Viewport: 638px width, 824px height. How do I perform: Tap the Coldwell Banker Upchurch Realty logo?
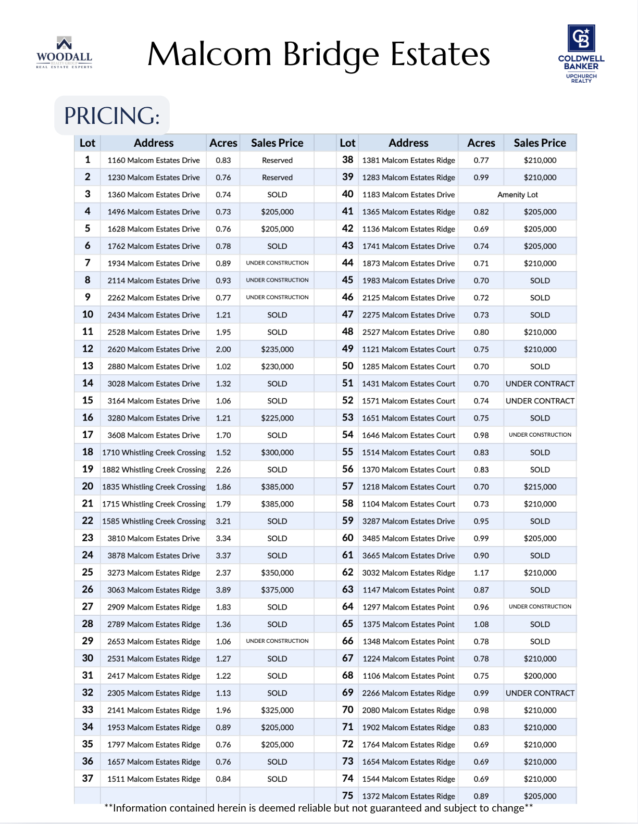pos(581,54)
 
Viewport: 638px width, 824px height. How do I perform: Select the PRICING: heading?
pos(112,116)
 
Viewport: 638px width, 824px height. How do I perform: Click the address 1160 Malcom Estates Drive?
pos(154,160)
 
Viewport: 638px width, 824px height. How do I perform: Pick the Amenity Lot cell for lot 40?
pos(517,195)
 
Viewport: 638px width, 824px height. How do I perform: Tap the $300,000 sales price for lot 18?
pos(277,452)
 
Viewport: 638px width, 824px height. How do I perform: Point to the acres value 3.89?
pos(223,590)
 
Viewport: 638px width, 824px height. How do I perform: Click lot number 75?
pos(347,796)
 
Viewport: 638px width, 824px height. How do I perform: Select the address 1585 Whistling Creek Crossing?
pos(154,521)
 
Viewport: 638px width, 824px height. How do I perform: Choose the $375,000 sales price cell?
pos(277,590)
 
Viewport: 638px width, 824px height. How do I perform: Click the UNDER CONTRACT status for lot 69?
pos(540,693)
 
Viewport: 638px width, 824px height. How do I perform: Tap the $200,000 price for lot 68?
pos(540,676)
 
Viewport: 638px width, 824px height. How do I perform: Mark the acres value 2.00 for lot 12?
pos(223,349)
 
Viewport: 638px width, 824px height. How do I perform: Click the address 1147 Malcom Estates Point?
pos(408,590)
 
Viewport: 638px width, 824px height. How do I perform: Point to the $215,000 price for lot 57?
pos(540,487)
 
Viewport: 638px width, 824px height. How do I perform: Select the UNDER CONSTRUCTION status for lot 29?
pos(277,641)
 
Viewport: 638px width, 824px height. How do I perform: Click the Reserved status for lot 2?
pos(277,178)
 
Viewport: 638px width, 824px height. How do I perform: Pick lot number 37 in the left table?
pos(87,779)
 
